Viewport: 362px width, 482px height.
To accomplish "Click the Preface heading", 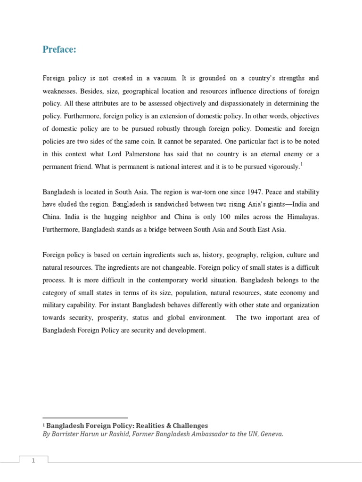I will pos(59,49).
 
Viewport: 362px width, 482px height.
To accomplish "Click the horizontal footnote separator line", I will pos(85,418).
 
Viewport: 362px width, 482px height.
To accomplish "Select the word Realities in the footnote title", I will pos(151,426).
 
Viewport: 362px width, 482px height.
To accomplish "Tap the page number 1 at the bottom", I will pos(33,448).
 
